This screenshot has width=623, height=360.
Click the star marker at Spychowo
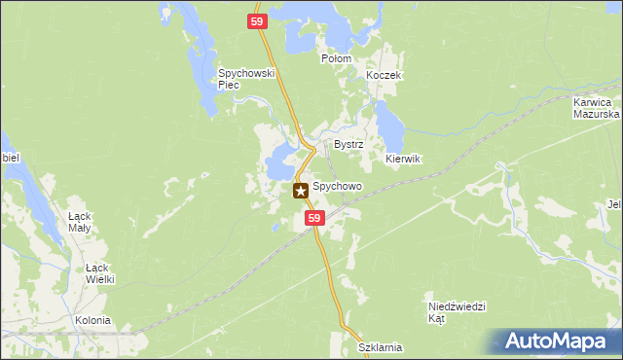click(x=301, y=191)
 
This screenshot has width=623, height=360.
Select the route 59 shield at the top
click(x=257, y=21)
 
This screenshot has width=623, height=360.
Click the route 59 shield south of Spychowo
click(x=313, y=220)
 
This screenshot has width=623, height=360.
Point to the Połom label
click(x=336, y=58)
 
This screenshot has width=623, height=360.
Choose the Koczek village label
click(x=384, y=76)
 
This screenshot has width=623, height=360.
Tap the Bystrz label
click(x=348, y=144)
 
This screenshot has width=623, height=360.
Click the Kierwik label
click(x=402, y=159)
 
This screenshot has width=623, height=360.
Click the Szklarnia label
click(x=380, y=347)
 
